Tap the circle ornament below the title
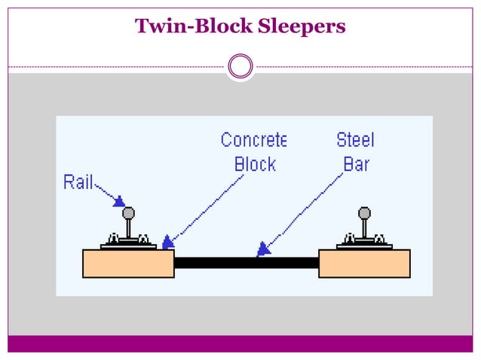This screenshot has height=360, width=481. [x=240, y=66]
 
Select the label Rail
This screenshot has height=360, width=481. [x=78, y=182]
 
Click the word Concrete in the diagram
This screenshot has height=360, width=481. [x=253, y=140]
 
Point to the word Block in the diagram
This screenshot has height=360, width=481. [x=255, y=164]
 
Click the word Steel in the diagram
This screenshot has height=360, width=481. [x=355, y=140]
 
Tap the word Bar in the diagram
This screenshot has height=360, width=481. [x=356, y=164]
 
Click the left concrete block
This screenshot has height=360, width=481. [x=128, y=264]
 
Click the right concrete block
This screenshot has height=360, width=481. [x=364, y=264]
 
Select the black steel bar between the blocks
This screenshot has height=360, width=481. [x=247, y=263]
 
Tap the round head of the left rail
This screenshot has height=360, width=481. [x=129, y=213]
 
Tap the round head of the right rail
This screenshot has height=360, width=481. [x=365, y=213]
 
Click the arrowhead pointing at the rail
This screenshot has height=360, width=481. [x=118, y=201]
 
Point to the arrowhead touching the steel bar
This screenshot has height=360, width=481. [x=262, y=249]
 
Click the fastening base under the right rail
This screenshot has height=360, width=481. [x=365, y=243]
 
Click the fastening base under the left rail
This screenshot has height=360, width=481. [x=129, y=243]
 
